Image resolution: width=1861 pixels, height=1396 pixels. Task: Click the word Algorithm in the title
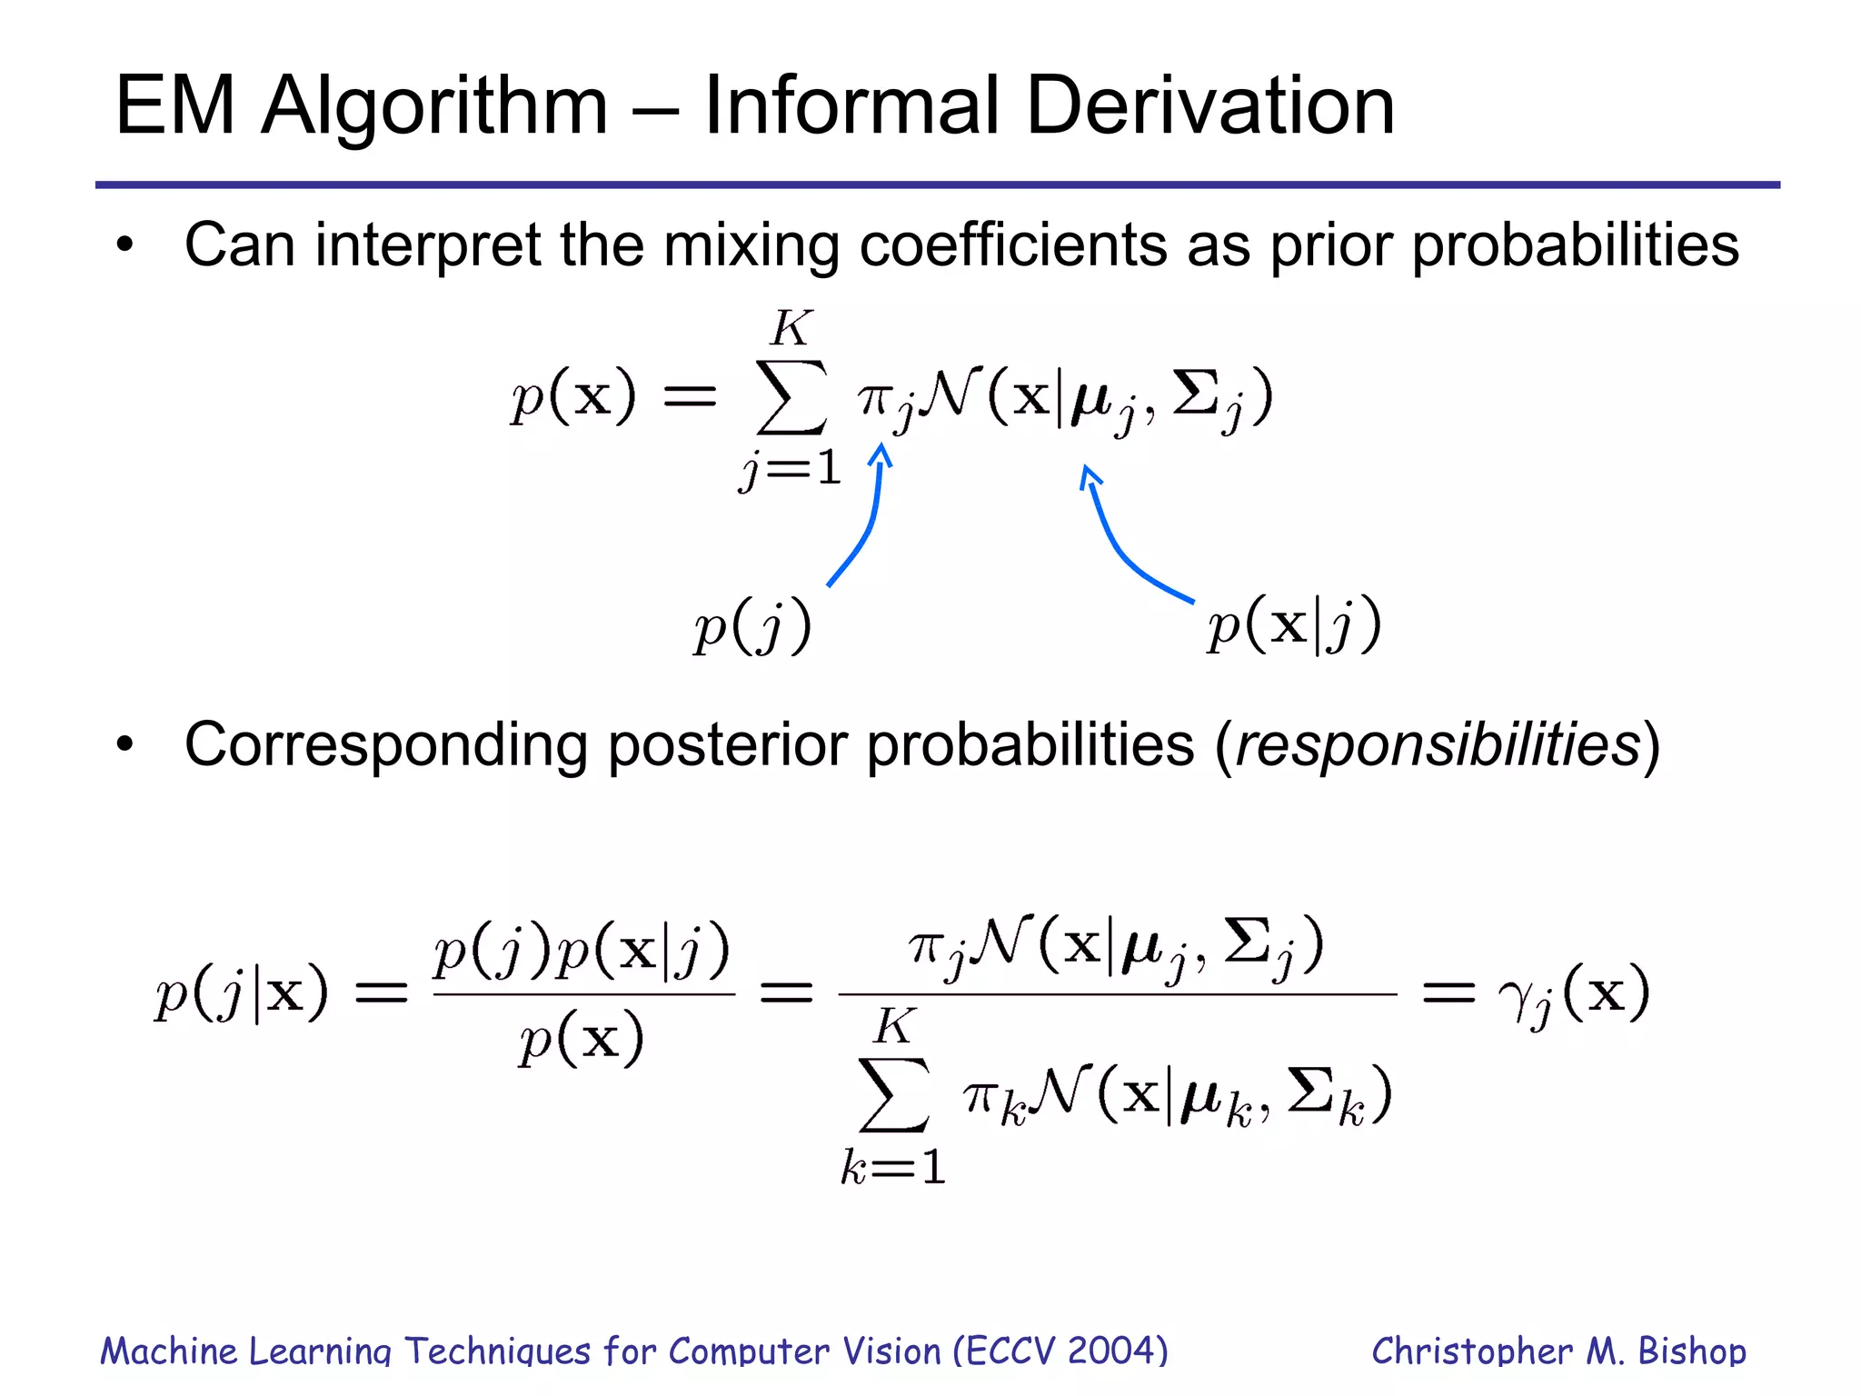pos(433,107)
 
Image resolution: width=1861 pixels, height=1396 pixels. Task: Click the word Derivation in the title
pos(1209,105)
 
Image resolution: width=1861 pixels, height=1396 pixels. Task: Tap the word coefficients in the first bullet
pos(1012,245)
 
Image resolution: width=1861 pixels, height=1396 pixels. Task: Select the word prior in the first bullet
pos(1330,247)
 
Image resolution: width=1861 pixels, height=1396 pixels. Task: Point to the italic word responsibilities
pos(1438,745)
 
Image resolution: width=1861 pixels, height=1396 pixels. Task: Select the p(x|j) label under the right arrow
pos(1294,625)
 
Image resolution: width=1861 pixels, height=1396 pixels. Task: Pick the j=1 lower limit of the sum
pos(790,470)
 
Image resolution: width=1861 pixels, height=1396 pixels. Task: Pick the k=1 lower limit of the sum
pos(893,1167)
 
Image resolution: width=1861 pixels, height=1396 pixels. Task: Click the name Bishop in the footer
pos(1691,1351)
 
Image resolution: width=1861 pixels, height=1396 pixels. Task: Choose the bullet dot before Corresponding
pos(125,745)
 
